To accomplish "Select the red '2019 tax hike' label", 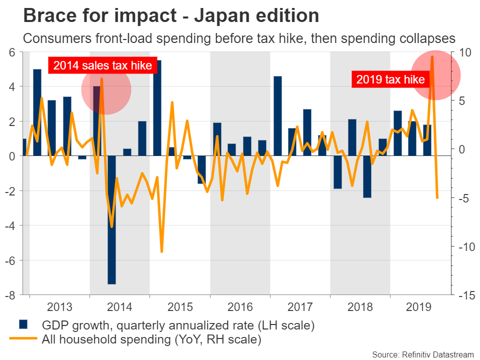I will tap(390, 79).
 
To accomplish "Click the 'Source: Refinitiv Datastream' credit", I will tap(422, 354).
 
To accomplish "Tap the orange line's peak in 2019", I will tap(432, 56).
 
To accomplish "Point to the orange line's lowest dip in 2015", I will tap(161, 251).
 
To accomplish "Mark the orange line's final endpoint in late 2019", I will tap(437, 198).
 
